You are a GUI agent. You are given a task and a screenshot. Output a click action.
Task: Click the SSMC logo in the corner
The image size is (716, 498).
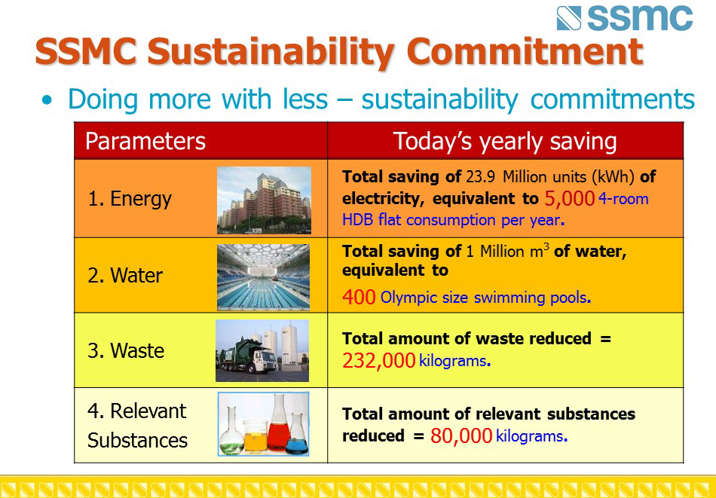[x=625, y=18]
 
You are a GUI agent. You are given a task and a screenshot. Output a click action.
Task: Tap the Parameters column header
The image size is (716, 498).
[x=145, y=141]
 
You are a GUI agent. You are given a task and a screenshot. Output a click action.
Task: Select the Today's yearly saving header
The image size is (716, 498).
[x=505, y=142]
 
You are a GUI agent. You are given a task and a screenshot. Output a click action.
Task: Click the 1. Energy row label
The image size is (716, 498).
[x=130, y=199]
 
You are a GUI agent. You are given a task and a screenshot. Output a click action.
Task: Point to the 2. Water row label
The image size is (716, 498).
[x=125, y=275]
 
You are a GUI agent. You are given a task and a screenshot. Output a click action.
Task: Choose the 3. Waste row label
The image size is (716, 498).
[x=126, y=350]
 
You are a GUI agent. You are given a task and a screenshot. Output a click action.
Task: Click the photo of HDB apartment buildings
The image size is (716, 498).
[x=264, y=200]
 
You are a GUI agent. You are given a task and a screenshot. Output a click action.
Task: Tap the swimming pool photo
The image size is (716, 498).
[x=263, y=277]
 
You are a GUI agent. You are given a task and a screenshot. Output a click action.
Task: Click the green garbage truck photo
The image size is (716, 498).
[x=262, y=350]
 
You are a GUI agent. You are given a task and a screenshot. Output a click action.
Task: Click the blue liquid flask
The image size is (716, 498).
[x=297, y=434]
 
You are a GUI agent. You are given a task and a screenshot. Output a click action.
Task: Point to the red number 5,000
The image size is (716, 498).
[x=570, y=199]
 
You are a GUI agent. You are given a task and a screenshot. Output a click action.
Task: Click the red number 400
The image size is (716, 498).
[x=359, y=297]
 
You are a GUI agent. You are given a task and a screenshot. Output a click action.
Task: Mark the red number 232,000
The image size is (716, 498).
[x=378, y=361]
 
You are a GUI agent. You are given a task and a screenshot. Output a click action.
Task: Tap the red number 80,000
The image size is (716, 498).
[x=461, y=436]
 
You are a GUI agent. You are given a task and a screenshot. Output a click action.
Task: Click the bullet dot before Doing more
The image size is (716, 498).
[x=47, y=100]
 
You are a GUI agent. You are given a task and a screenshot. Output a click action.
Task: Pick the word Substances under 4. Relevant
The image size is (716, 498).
[x=137, y=441]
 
